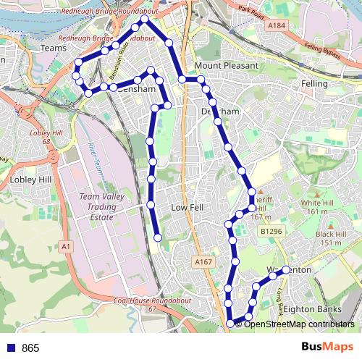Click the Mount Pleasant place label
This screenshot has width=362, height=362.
tap(226, 65)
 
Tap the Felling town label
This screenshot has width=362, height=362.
tap(313, 85)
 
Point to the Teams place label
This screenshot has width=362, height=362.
tap(54, 47)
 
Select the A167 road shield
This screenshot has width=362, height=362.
tap(201, 261)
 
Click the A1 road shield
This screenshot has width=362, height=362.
tap(66, 247)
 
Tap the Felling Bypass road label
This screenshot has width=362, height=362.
tap(322, 51)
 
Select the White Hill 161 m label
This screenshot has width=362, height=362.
tap(316, 207)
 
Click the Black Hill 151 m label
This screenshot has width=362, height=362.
tap(329, 238)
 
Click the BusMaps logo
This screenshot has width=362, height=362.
tap(328, 347)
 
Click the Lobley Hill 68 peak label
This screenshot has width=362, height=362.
tap(41, 136)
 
